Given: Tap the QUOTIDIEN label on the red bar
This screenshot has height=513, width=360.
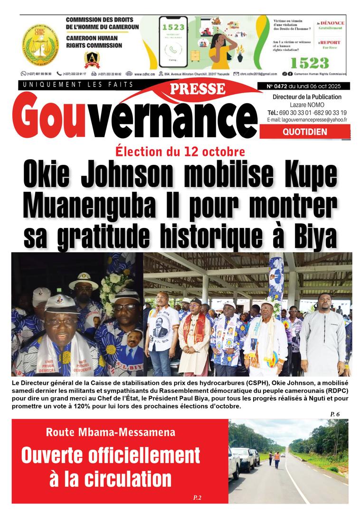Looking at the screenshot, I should (x=304, y=132).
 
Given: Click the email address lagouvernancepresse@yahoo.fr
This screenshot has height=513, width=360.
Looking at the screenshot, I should (x=313, y=120).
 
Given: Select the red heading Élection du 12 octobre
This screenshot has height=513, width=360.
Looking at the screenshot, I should (x=180, y=152).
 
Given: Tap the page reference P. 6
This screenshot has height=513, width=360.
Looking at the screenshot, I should (x=335, y=415).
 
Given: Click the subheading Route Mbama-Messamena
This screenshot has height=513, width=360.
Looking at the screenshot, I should (x=111, y=432).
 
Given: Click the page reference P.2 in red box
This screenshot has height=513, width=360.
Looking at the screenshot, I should (x=198, y=497).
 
